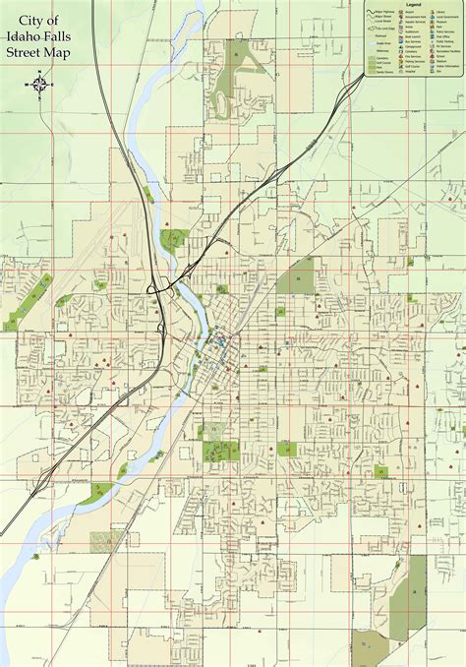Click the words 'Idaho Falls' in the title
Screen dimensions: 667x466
pos(39,34)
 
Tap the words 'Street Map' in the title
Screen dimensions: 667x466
pos(39,51)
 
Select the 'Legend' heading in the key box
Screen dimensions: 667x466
pos(413,5)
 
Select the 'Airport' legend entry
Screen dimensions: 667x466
pos(409,12)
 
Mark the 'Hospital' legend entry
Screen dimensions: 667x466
pos(410,71)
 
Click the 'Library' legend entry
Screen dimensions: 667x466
pos(440,12)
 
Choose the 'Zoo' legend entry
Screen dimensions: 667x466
pos(439,71)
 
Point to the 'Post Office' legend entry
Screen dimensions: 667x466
pos(442,36)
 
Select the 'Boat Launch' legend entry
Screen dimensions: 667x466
pos(413,36)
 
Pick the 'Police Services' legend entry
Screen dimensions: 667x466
pos(445,31)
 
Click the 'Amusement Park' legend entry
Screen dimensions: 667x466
pos(416,17)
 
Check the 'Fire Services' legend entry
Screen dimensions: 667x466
pos(412,56)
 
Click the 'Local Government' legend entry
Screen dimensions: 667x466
pos(447,17)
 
